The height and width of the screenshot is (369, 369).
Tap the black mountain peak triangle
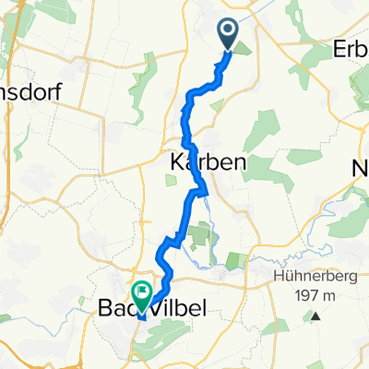coord(315,316)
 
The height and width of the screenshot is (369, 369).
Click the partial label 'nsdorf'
coord(30,93)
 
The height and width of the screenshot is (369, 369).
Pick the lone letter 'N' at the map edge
coord(361,170)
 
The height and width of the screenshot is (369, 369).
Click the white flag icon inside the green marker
coord(142,292)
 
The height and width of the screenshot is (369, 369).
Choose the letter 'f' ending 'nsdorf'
coord(56,93)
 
